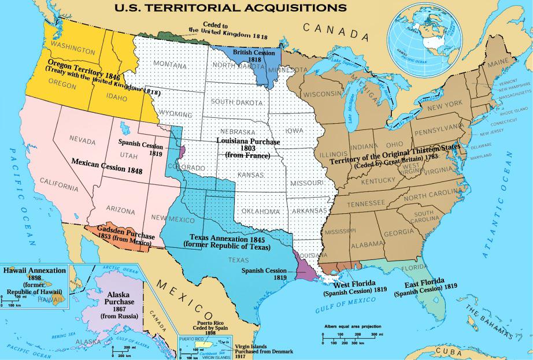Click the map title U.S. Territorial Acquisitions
pyautogui.click(x=231, y=8)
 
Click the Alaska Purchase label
pyautogui.click(x=120, y=302)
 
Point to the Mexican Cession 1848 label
pyautogui.click(x=107, y=162)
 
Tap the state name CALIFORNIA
pyautogui.click(x=59, y=187)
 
